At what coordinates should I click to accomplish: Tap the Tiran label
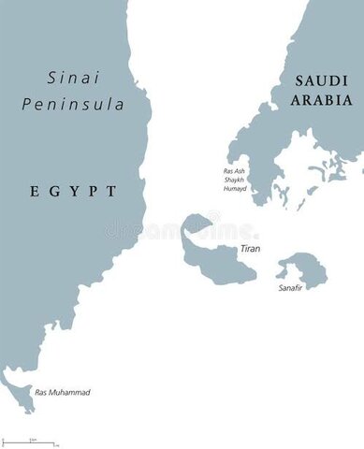tap(251, 248)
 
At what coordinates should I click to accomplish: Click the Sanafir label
tap(292, 289)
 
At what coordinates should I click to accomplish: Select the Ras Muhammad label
tap(62, 392)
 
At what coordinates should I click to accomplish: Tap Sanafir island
tap(301, 268)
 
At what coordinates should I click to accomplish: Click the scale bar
tap(28, 441)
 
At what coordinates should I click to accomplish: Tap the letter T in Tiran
tap(242, 248)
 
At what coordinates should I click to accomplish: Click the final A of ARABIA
tap(347, 99)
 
